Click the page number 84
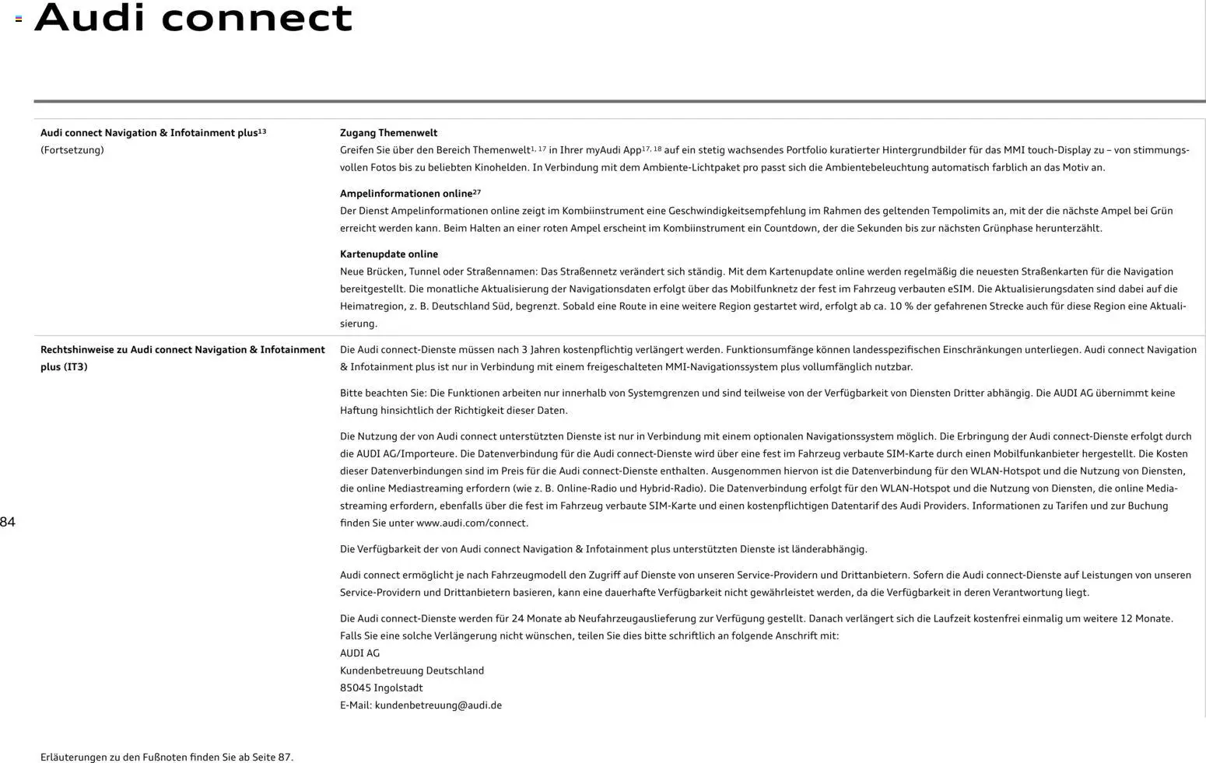(8, 522)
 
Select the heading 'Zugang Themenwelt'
(388, 133)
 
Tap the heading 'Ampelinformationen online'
(405, 194)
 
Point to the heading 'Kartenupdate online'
(388, 254)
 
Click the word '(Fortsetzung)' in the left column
(72, 150)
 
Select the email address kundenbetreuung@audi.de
(438, 705)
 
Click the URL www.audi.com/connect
(472, 523)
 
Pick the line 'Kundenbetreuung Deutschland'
(412, 670)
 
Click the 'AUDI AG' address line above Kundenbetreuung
(359, 653)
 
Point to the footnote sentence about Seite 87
(167, 757)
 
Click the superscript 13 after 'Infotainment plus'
(262, 131)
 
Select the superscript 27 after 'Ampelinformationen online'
(477, 191)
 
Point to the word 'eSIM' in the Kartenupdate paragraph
(960, 289)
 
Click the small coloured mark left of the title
(19, 19)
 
